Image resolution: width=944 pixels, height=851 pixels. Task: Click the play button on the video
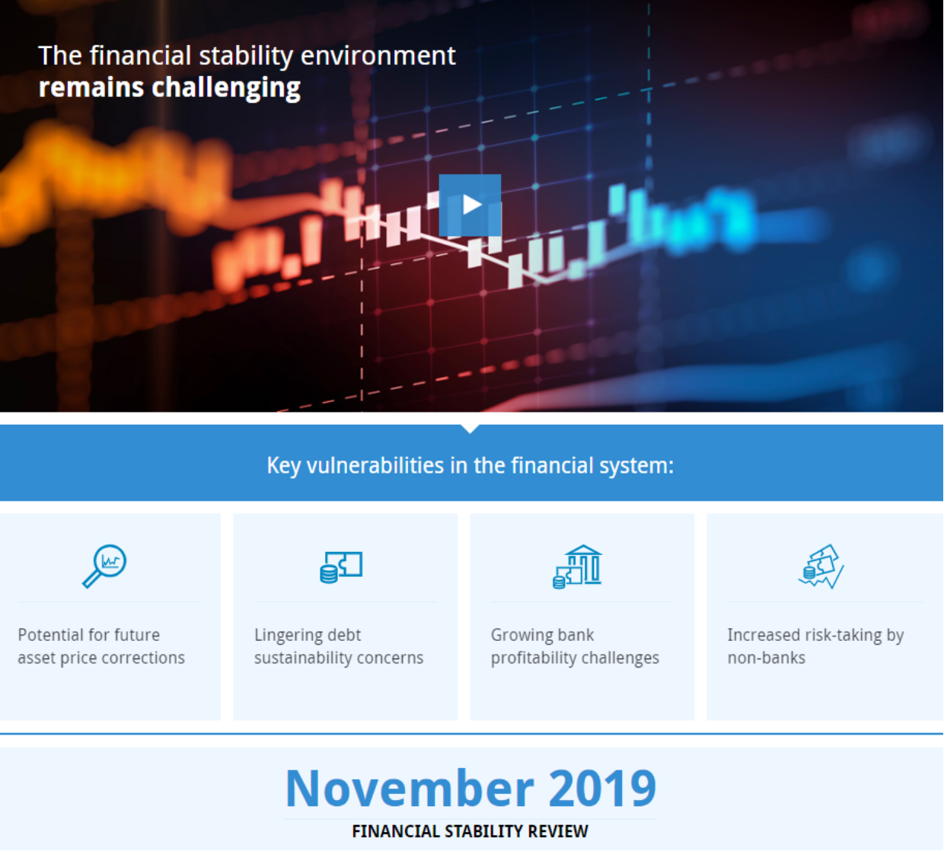pyautogui.click(x=470, y=205)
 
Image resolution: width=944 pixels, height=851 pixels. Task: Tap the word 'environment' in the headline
pyautogui.click(x=378, y=56)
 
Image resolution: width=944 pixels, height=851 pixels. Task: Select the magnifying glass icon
pyautogui.click(x=104, y=566)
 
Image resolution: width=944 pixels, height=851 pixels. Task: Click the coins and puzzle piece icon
pyautogui.click(x=341, y=567)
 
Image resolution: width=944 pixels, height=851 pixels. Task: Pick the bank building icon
pyautogui.click(x=577, y=567)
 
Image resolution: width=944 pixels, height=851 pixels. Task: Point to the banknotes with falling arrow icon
pyautogui.click(x=821, y=567)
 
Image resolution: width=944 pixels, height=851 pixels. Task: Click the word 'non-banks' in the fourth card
pyautogui.click(x=766, y=658)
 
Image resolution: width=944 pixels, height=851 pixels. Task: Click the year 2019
pyautogui.click(x=602, y=789)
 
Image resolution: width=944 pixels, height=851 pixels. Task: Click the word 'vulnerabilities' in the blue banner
pyautogui.click(x=375, y=466)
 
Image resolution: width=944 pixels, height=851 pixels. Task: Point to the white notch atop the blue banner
pyautogui.click(x=470, y=429)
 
